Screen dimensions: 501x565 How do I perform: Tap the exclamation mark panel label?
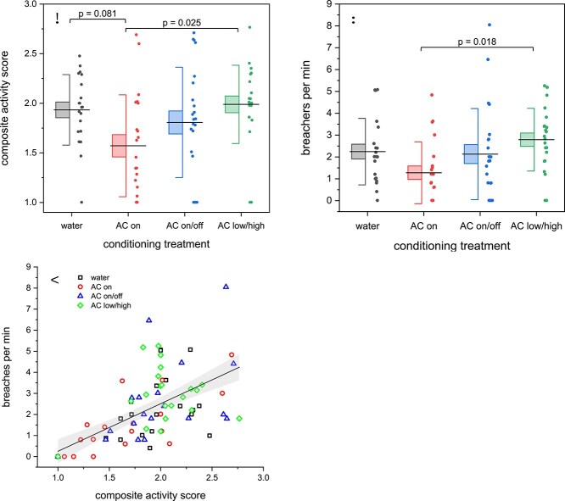click(x=58, y=18)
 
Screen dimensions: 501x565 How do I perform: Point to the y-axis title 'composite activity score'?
click(x=10, y=103)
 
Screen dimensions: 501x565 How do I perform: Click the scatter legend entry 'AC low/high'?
click(x=109, y=304)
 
